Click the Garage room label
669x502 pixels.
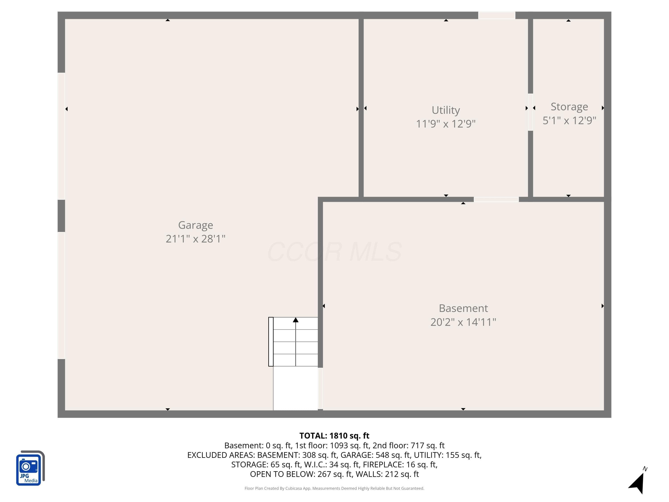click(x=195, y=225)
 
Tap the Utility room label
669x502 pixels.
click(x=446, y=110)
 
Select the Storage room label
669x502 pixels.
click(x=569, y=107)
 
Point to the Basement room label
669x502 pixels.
click(x=463, y=308)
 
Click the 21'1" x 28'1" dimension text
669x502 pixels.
click(x=195, y=239)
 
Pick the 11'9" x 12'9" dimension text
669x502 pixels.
click(x=446, y=124)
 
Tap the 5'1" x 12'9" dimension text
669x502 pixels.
click(x=569, y=120)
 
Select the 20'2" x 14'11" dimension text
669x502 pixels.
click(x=463, y=322)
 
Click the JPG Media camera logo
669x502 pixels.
click(x=30, y=468)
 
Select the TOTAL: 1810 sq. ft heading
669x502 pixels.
click(x=334, y=436)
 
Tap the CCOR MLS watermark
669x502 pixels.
click(x=334, y=252)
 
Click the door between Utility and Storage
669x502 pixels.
click(x=530, y=112)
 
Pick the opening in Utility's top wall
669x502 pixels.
click(x=497, y=15)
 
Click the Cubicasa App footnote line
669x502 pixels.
click(x=334, y=488)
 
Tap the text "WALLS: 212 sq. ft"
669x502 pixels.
click(x=387, y=474)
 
